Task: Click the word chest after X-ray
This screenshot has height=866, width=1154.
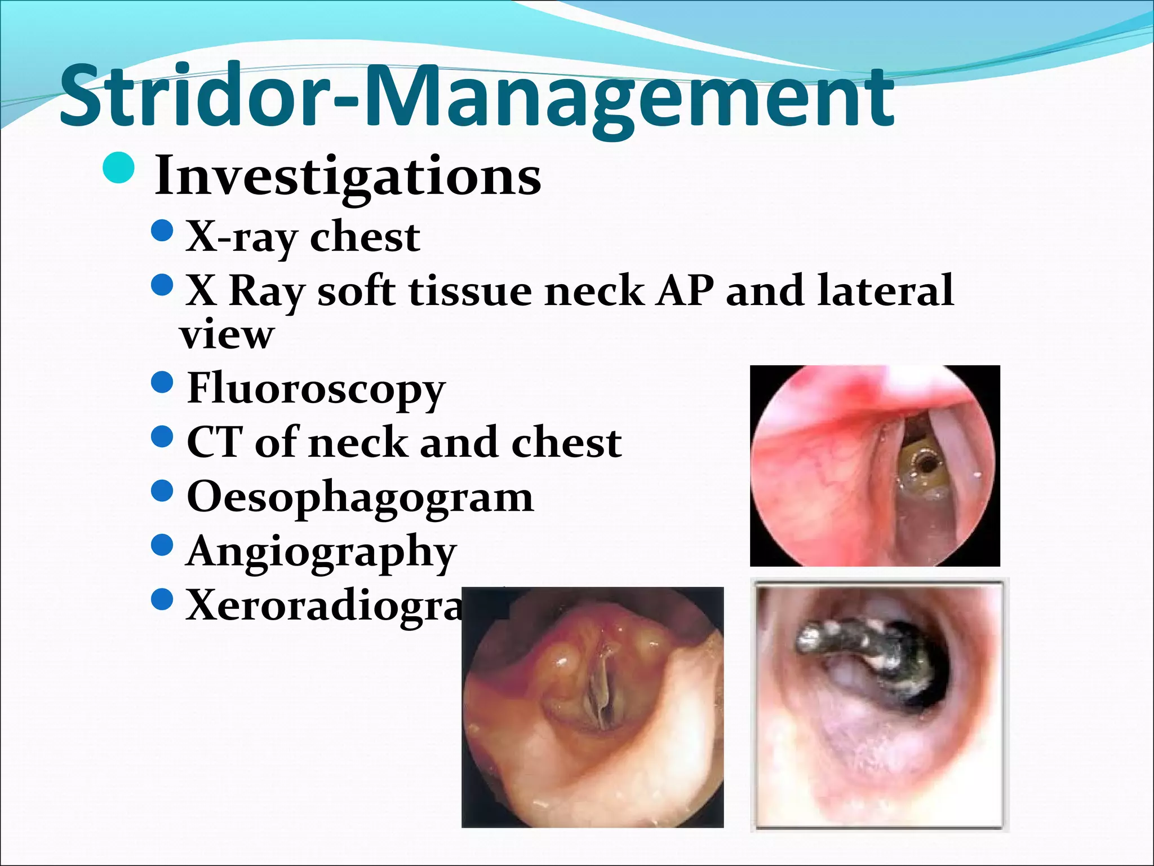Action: (x=365, y=237)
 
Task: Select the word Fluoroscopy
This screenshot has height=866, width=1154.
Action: (x=316, y=389)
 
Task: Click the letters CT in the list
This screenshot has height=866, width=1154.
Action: (x=214, y=443)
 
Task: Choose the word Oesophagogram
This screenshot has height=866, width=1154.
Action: (x=359, y=498)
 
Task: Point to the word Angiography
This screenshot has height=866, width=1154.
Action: (x=321, y=552)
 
